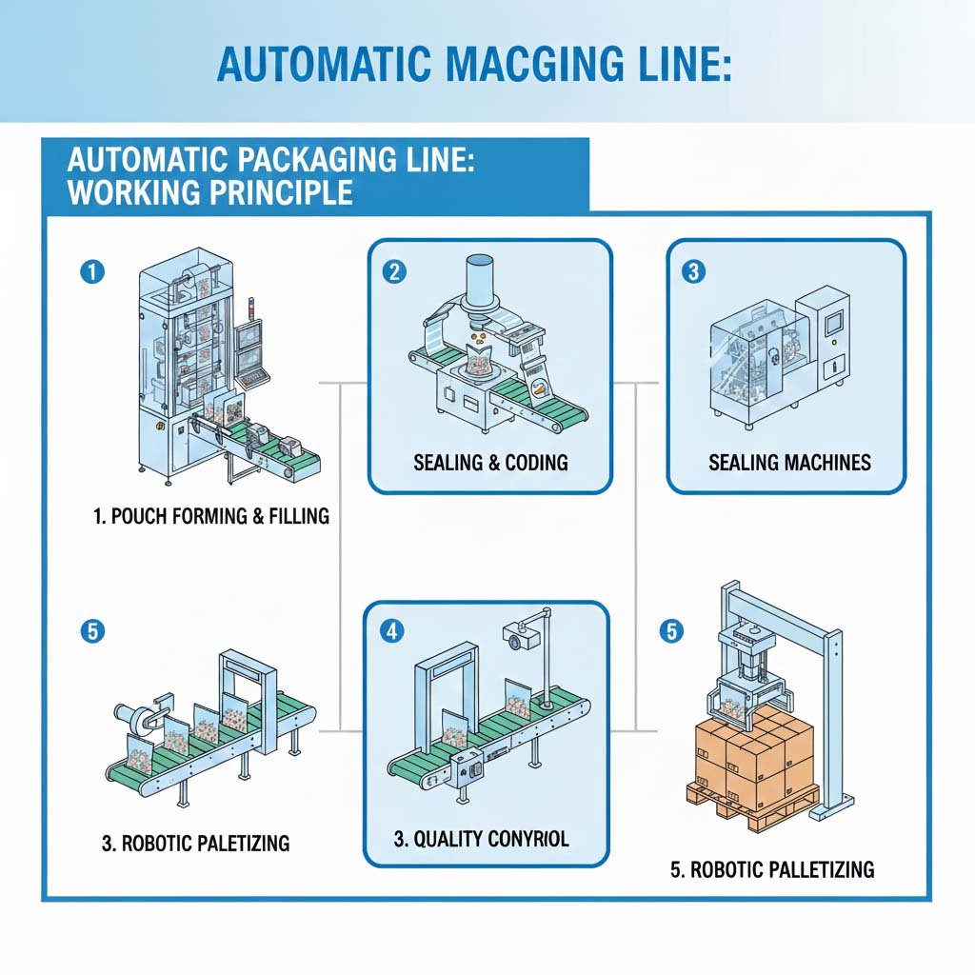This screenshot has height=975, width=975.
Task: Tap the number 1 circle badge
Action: point(92,271)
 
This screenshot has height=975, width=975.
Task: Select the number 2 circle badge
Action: point(394,271)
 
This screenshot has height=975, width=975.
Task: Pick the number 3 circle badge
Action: point(693,271)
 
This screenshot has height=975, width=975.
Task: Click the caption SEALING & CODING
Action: point(490,463)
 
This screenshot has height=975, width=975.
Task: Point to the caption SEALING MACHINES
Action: point(789,463)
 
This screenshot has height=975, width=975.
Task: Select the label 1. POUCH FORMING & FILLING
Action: point(211,516)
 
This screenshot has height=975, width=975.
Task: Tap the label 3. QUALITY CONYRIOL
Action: point(481,839)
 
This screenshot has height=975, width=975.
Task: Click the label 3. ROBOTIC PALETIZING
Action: point(195,843)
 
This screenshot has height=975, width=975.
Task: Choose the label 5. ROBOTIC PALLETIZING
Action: point(772,868)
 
